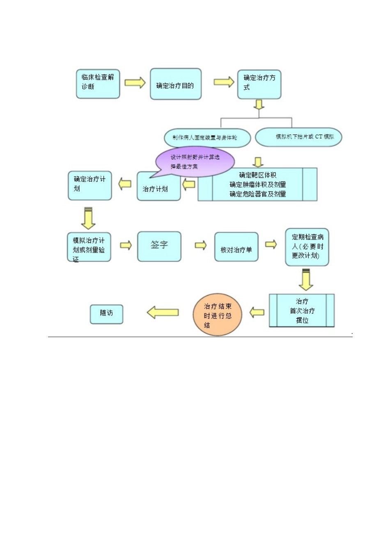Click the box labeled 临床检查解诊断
(98, 84)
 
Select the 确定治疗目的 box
(175, 84)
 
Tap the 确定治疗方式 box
(259, 84)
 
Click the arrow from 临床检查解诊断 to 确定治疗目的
(135, 83)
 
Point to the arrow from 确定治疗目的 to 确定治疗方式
(224, 82)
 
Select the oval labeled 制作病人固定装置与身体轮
(207, 138)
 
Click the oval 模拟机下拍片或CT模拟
(298, 137)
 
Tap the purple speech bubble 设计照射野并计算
(195, 160)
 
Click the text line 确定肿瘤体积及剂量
(257, 184)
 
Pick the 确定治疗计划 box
(89, 186)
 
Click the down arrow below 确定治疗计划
(88, 218)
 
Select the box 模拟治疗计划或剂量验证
(89, 247)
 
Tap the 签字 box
(159, 246)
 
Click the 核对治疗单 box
(236, 247)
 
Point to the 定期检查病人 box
(307, 247)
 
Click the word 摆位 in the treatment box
(302, 320)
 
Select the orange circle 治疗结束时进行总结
(218, 315)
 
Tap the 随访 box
(106, 314)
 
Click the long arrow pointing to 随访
(163, 313)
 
